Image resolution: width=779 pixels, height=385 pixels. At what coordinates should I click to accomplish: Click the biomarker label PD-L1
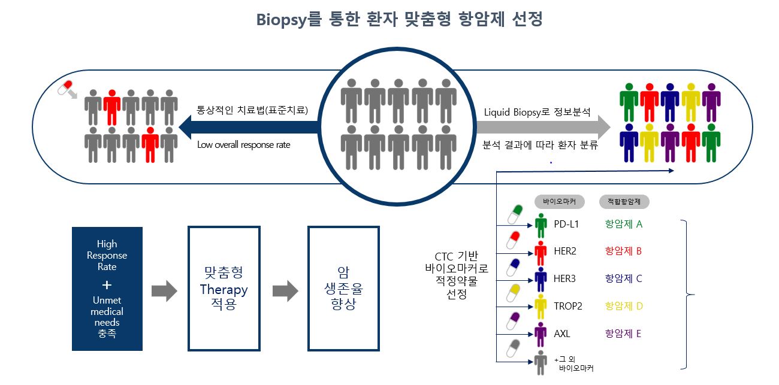click(x=566, y=225)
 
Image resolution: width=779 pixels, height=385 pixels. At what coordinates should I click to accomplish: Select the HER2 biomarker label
click(x=565, y=251)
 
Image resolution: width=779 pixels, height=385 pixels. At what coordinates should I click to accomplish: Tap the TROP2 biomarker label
click(x=568, y=306)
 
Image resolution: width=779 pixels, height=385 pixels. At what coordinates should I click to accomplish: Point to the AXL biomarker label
click(x=562, y=334)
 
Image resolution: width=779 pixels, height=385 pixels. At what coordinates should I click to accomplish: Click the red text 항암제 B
click(x=623, y=251)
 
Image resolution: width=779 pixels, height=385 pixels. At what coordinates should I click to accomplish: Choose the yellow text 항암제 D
click(x=624, y=306)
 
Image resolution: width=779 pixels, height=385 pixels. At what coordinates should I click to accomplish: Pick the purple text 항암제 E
click(x=623, y=334)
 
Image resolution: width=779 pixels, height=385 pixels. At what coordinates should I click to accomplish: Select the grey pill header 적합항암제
click(x=624, y=202)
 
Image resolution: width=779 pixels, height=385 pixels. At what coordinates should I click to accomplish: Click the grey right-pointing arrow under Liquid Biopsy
click(x=543, y=128)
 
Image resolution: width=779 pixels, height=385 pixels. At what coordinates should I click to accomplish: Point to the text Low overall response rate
click(x=244, y=145)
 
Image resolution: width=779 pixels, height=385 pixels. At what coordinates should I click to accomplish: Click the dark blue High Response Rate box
click(x=107, y=289)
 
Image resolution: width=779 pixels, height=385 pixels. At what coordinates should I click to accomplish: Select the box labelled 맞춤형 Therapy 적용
click(x=224, y=289)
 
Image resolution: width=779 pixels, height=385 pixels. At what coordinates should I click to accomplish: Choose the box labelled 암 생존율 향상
click(x=343, y=289)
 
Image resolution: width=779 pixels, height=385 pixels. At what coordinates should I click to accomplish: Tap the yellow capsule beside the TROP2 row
click(x=514, y=293)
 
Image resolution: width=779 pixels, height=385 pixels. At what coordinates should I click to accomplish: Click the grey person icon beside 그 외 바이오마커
click(x=541, y=362)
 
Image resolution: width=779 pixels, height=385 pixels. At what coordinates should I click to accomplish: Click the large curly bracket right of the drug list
click(x=687, y=295)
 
